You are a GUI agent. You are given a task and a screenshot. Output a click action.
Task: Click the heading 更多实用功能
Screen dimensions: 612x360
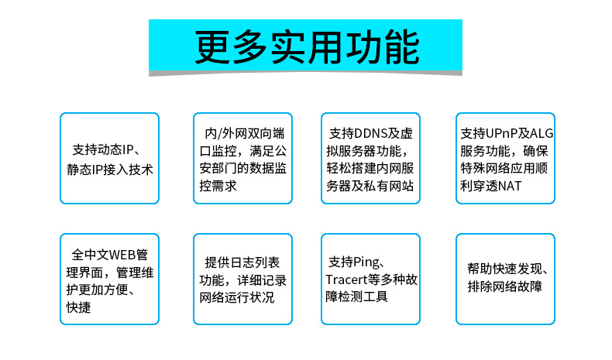coord(308,47)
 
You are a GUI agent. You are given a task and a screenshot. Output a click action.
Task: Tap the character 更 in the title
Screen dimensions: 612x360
coord(212,47)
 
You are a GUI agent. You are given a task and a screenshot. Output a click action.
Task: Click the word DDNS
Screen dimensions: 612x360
coord(370,133)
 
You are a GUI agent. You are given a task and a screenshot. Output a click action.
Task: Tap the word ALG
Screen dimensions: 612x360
coord(542,133)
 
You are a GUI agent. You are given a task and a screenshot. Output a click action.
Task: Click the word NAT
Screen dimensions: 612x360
coord(510,186)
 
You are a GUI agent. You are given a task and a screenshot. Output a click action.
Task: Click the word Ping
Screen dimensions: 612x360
coord(366,262)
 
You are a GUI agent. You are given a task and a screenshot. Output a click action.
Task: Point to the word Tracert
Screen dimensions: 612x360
coord(346,279)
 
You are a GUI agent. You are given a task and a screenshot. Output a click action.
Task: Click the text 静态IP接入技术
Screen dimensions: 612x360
coord(110,170)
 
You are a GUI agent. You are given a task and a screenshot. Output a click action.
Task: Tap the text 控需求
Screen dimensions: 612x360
coord(218,186)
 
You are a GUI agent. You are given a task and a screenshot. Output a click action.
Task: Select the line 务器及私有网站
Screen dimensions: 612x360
coord(370,186)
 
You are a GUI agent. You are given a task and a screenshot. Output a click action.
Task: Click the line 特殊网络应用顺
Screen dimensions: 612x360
coord(504,169)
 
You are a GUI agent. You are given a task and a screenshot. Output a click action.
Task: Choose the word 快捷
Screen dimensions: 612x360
coord(78,307)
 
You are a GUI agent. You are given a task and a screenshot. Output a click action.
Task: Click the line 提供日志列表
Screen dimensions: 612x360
coord(242,262)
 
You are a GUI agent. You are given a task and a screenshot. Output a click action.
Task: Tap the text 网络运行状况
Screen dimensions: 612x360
coord(237,297)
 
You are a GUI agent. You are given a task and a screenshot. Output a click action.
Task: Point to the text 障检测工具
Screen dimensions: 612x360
coord(356,297)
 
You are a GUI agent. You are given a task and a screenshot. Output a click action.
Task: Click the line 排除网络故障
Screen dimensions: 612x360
coord(504,286)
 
